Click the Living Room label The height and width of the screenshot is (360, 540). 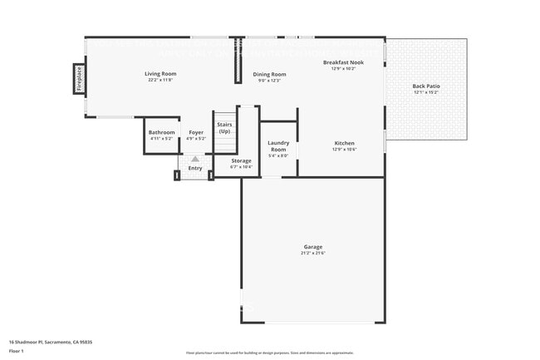point(162,74)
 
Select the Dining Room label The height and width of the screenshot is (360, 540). point(269,75)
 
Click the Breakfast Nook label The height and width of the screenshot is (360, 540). point(343,63)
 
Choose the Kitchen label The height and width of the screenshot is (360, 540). point(344,143)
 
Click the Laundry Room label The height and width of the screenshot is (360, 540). point(278,145)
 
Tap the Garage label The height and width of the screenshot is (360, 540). point(312,247)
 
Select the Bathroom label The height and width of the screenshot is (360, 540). point(161,133)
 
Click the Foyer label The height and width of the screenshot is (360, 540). point(196,133)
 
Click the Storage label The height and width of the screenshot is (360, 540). point(241,160)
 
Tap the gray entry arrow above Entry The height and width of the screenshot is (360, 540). point(195,158)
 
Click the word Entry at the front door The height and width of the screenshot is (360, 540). point(195,168)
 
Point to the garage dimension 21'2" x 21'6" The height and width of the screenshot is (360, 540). point(312,253)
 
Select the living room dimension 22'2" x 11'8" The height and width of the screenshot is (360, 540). point(162,80)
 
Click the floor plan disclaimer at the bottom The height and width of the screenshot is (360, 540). point(270,353)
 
